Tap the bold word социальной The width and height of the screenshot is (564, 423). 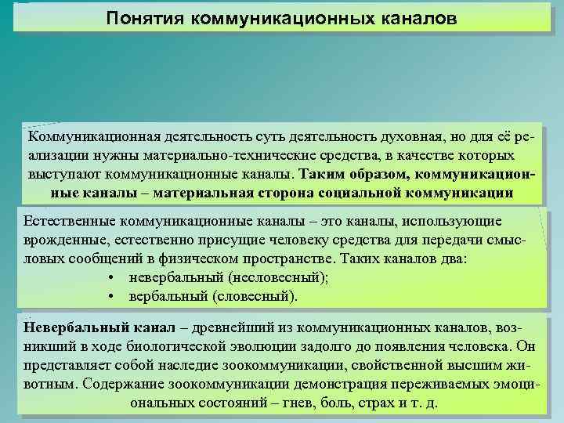(x=362, y=192)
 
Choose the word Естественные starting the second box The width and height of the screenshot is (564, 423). (x=66, y=222)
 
